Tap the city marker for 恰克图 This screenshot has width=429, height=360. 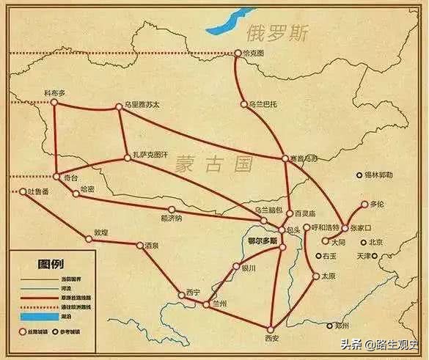point(237,54)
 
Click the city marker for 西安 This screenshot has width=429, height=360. point(270,327)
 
